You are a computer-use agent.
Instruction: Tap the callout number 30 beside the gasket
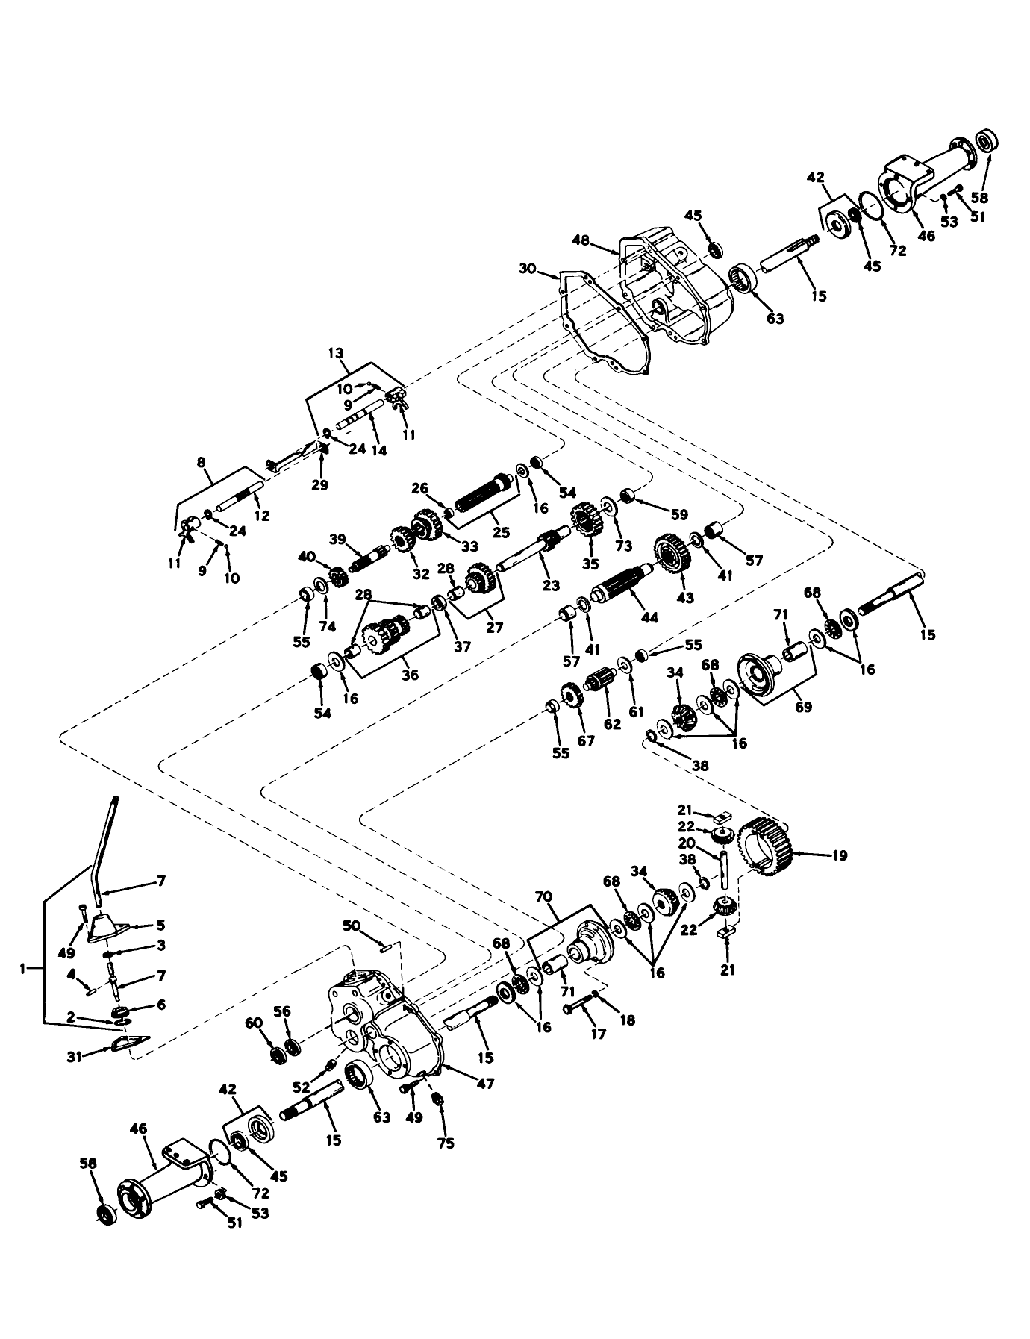click(527, 269)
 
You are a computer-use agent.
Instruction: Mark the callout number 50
click(352, 926)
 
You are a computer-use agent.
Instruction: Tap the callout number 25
click(500, 533)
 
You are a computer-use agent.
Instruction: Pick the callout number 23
click(551, 585)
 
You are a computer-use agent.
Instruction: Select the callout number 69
click(803, 706)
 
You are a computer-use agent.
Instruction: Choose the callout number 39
click(337, 539)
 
